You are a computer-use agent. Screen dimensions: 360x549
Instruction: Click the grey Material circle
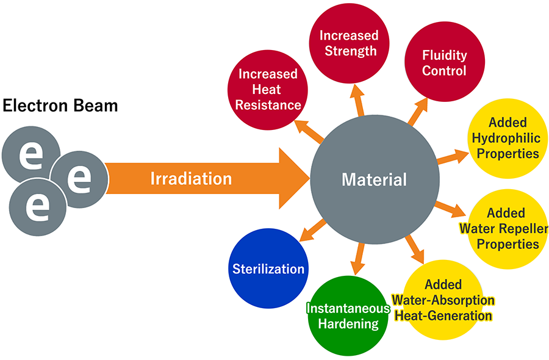374,179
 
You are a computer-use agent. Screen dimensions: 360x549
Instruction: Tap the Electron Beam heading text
60,106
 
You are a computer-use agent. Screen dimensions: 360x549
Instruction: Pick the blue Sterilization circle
268,268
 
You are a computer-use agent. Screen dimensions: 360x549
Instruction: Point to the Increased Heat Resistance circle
268,89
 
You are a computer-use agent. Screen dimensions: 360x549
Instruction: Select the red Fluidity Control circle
444,63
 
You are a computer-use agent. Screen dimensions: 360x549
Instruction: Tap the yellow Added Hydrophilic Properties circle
508,138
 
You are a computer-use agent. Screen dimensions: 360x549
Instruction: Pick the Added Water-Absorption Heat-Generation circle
443,300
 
